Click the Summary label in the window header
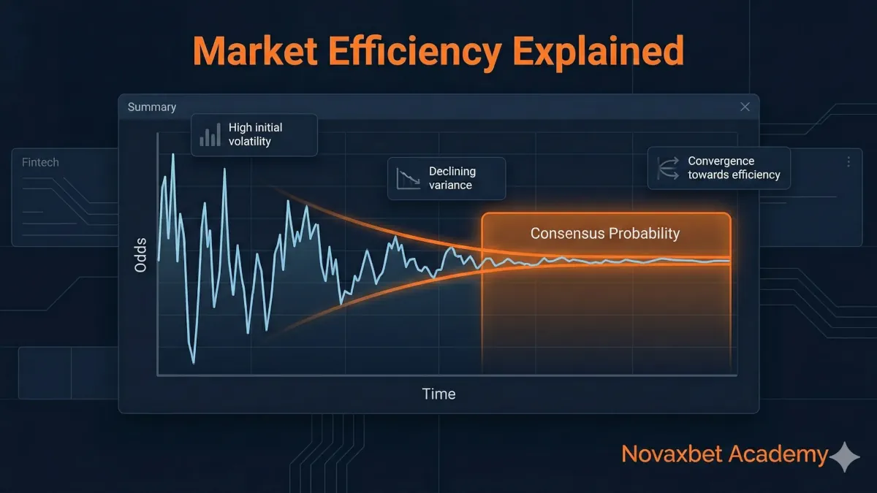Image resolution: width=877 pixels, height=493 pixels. (152, 107)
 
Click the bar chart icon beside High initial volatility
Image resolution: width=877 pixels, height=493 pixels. (210, 135)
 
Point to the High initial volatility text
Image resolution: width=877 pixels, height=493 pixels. (255, 134)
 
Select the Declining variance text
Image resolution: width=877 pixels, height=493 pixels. (452, 178)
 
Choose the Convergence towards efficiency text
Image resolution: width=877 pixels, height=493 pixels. (733, 168)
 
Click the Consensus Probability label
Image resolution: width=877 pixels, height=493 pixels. (605, 234)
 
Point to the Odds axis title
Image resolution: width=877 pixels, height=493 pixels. (141, 255)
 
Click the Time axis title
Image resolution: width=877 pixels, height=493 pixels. (438, 394)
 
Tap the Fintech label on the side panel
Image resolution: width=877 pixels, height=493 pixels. (40, 162)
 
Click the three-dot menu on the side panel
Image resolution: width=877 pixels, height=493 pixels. (848, 162)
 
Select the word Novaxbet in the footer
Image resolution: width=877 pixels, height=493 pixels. (668, 454)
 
